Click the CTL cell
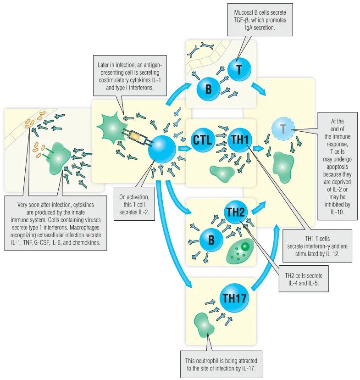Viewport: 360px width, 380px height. click(203, 140)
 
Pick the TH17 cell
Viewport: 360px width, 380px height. click(234, 298)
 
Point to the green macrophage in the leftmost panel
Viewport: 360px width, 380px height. click(60, 159)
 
